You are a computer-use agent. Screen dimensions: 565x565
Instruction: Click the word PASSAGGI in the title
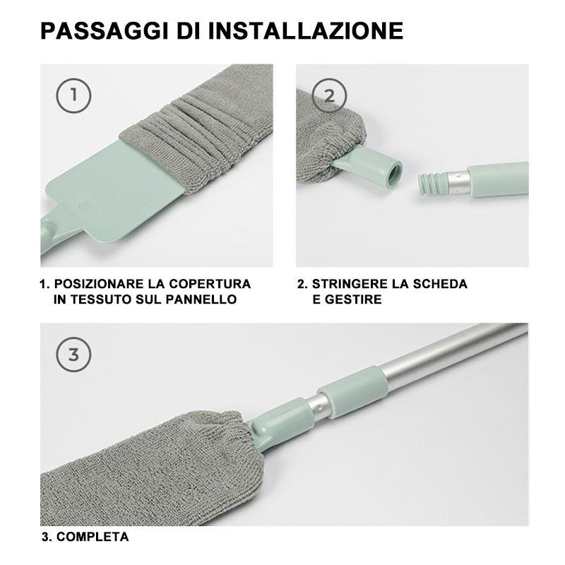click(105, 30)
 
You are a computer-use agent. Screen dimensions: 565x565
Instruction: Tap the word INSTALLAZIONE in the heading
click(306, 30)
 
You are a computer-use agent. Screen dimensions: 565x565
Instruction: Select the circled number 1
click(74, 95)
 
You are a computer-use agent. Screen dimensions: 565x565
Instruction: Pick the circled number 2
click(329, 95)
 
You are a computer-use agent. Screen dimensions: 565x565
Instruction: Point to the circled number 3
click(74, 355)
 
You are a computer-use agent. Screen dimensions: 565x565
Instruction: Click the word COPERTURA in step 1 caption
click(210, 284)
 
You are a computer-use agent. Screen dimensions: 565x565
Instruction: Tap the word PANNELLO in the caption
click(201, 299)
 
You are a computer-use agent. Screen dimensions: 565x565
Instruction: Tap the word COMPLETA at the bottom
click(93, 537)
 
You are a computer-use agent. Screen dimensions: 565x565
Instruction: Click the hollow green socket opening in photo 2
click(395, 174)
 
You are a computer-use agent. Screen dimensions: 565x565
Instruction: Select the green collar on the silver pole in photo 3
click(353, 393)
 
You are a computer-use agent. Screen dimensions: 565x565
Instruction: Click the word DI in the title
click(189, 30)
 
